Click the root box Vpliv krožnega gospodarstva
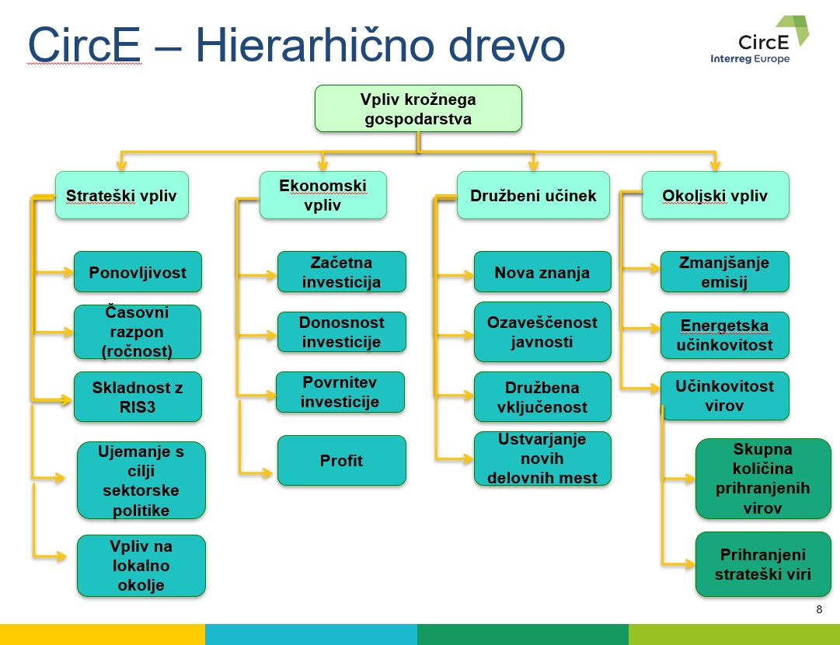click(x=418, y=108)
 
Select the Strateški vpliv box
click(x=121, y=195)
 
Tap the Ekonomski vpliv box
click(x=322, y=195)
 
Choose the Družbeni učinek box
click(x=533, y=195)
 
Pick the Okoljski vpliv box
click(x=715, y=195)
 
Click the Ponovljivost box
click(x=138, y=272)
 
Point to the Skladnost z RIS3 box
click(x=138, y=397)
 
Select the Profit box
click(x=341, y=460)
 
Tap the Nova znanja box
click(x=542, y=272)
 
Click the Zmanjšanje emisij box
click(x=724, y=272)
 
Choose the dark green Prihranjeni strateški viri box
click(x=763, y=564)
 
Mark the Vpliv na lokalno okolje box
click(x=141, y=566)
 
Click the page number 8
click(x=818, y=609)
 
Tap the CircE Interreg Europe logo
click(x=760, y=40)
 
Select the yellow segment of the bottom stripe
click(x=103, y=634)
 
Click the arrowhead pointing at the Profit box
click(x=267, y=473)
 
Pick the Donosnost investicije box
click(x=341, y=332)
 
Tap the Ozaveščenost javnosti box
click(x=542, y=332)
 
